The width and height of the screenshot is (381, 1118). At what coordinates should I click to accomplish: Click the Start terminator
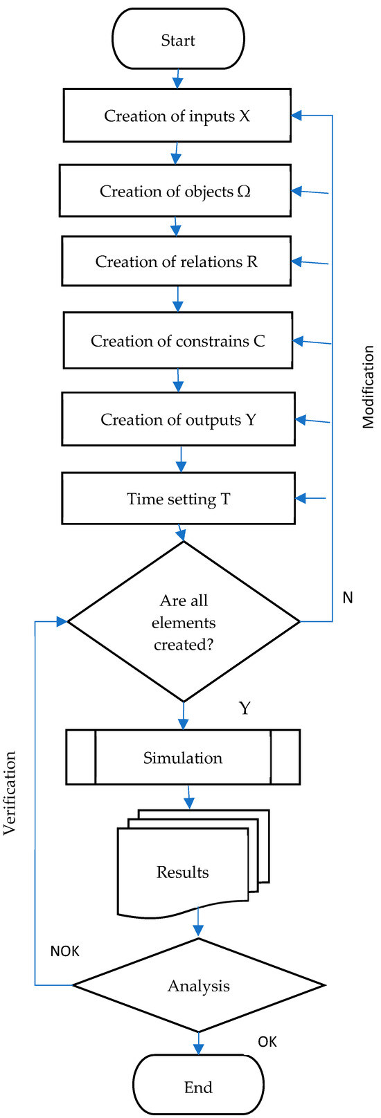click(178, 39)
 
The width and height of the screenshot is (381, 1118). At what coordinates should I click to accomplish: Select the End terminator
click(198, 1087)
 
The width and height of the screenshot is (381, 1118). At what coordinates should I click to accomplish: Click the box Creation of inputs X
click(177, 116)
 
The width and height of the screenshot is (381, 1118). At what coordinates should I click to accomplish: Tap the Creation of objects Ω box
click(175, 190)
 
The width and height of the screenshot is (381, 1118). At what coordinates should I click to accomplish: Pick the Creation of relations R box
click(176, 261)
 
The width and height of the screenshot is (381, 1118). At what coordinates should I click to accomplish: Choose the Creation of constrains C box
click(177, 340)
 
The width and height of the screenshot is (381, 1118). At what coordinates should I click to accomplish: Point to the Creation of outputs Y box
click(178, 419)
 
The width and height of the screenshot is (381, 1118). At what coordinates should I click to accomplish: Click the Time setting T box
click(178, 499)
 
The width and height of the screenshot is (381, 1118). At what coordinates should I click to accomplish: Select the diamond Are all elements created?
click(184, 622)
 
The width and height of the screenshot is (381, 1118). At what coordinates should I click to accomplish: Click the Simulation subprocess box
click(183, 758)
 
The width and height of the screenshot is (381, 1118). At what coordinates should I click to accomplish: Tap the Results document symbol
click(184, 872)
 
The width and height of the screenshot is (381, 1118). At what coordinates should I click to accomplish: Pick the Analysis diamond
click(199, 986)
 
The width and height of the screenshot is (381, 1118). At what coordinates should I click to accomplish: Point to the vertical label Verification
click(10, 793)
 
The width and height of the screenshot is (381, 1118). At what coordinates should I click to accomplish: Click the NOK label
click(64, 951)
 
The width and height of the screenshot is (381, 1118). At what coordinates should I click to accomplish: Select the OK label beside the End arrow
click(267, 1041)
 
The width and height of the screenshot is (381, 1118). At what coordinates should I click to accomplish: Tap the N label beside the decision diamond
click(348, 597)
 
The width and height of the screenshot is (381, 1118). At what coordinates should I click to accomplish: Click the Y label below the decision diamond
click(245, 708)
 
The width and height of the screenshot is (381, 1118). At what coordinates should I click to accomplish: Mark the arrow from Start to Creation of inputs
click(177, 78)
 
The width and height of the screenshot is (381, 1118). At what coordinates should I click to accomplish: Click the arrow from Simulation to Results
click(188, 796)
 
